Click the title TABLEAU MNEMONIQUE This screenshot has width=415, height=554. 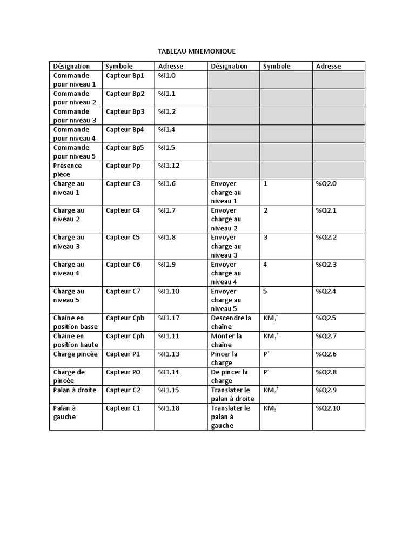click(197, 51)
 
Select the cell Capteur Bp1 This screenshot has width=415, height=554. click(125, 76)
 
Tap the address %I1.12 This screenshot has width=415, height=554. click(169, 166)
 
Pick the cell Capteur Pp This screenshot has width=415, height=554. click(123, 166)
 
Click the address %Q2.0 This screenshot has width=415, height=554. click(326, 184)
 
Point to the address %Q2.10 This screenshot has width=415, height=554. click(328, 408)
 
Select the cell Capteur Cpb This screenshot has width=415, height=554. click(125, 318)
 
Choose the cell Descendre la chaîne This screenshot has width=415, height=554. click(231, 322)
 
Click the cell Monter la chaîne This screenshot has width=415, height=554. click(226, 340)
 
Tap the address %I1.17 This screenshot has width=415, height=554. click(169, 318)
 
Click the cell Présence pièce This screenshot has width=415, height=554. click(68, 170)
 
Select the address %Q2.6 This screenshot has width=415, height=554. click(326, 354)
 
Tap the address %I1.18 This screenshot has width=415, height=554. click(169, 408)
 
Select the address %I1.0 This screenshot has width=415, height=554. click(167, 76)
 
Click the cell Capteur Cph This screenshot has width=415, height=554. click(125, 336)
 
